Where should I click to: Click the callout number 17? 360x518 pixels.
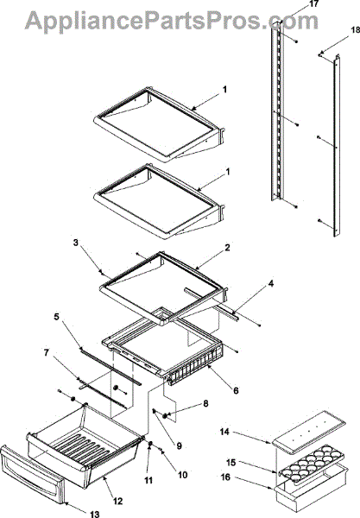click(313, 4)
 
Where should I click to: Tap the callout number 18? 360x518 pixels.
click(355, 30)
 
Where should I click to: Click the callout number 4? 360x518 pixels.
click(271, 283)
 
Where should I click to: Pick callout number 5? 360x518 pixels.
click(57, 317)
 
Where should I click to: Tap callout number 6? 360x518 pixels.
click(236, 390)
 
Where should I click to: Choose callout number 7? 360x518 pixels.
click(47, 353)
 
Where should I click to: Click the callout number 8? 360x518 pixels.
click(205, 403)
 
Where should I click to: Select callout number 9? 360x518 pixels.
click(179, 446)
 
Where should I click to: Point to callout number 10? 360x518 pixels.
click(182, 475)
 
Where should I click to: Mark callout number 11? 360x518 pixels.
click(148, 480)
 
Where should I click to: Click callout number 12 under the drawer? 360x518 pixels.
click(118, 501)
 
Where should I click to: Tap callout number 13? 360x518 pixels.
click(94, 514)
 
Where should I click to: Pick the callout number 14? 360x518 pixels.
click(224, 432)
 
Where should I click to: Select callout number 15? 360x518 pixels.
click(231, 462)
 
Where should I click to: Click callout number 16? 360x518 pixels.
click(225, 477)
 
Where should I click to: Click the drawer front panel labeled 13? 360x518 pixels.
click(32, 475)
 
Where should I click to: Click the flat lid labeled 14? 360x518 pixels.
click(309, 429)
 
